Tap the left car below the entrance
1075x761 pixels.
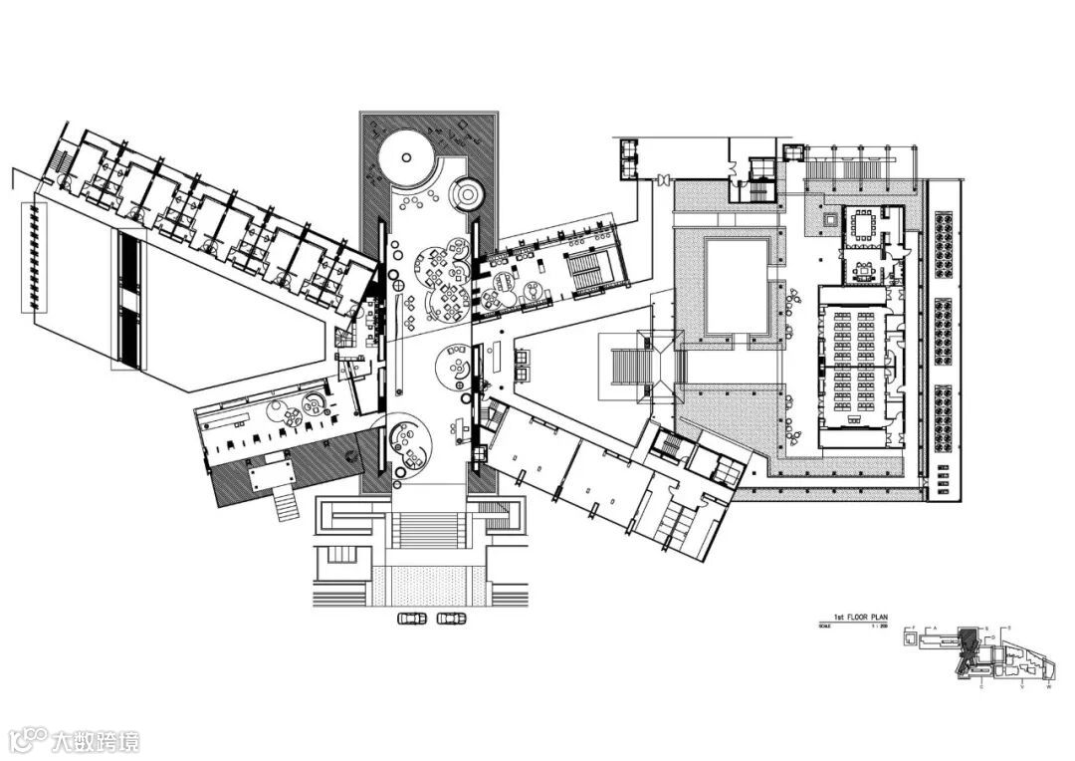tap(412, 619)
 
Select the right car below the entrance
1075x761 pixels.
tap(451, 619)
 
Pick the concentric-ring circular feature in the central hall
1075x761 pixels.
tap(466, 192)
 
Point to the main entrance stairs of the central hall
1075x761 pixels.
tap(428, 530)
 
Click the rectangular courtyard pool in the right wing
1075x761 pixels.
tap(737, 286)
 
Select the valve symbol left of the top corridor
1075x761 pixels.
tap(661, 180)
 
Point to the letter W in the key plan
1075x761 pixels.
tap(1048, 686)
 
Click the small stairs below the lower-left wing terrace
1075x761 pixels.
tap(287, 507)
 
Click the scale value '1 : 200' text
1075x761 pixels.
tap(876, 627)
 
